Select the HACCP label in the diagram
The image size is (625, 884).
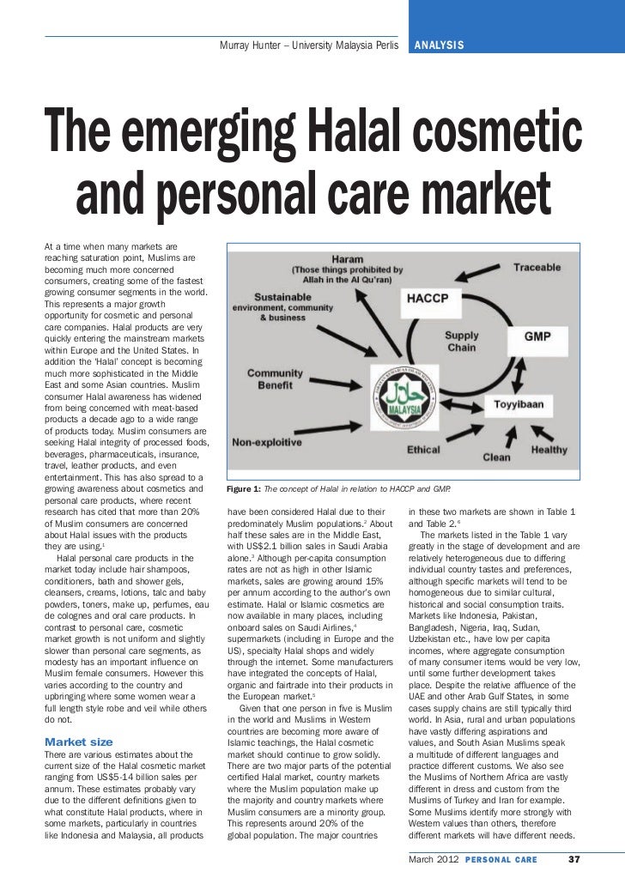(x=433, y=300)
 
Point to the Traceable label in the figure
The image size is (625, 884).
(x=537, y=268)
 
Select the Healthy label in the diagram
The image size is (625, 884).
(x=549, y=450)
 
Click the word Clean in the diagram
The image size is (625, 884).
(x=495, y=458)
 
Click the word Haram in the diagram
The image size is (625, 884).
(x=347, y=256)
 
